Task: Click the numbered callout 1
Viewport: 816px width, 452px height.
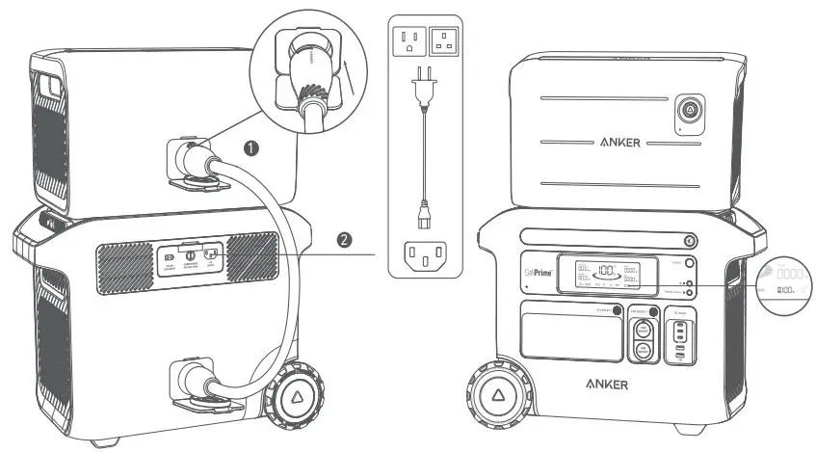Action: tap(251, 148)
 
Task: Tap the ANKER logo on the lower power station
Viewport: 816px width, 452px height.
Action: tap(607, 384)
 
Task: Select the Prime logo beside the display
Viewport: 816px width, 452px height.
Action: tap(539, 271)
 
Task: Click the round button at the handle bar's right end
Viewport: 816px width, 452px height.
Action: tap(689, 240)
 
